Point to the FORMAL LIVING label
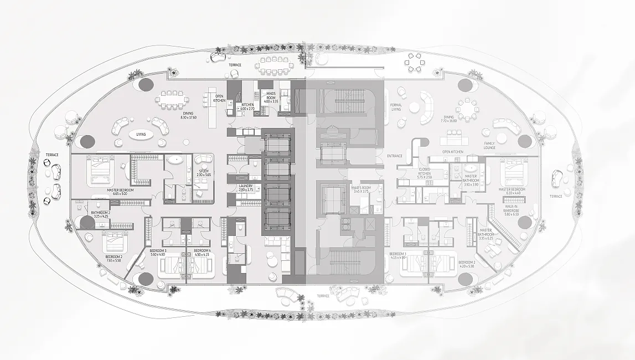(x=396, y=107)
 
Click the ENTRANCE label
(x=395, y=156)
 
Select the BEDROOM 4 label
(x=202, y=253)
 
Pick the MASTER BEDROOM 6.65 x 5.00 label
(x=120, y=192)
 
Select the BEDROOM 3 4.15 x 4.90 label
(x=397, y=256)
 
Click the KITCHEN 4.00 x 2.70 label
(x=247, y=106)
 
